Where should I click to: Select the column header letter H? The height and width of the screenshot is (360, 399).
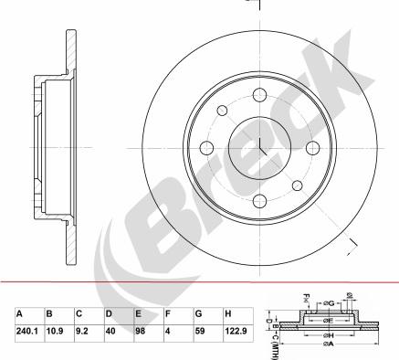tap(228, 312)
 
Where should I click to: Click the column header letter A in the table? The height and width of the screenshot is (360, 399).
tap(20, 312)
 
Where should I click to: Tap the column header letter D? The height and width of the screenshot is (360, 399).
tap(110, 312)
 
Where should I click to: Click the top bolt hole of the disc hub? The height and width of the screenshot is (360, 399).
tap(259, 94)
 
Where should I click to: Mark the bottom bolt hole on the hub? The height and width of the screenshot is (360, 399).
tap(259, 202)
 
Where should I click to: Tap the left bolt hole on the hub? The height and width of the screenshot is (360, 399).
tap(206, 148)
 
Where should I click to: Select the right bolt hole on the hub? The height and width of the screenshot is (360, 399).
tap(313, 148)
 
